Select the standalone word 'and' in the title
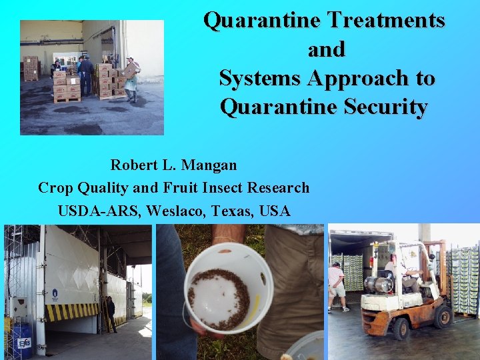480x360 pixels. (x=327, y=49)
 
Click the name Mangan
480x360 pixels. (x=210, y=164)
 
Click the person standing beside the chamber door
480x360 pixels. (x=110, y=314)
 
